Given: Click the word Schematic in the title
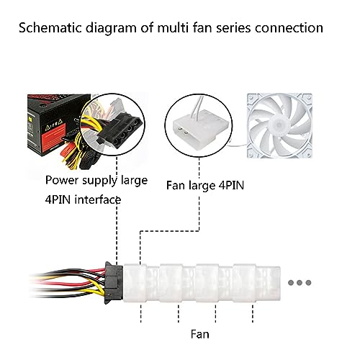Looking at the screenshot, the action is click(50, 27).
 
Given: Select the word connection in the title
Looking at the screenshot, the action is click(289, 28).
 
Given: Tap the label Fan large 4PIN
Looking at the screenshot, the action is click(205, 186).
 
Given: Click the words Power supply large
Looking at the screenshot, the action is click(96, 180).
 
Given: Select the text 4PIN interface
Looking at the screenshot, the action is click(83, 199).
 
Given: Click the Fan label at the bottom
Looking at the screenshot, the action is click(200, 334).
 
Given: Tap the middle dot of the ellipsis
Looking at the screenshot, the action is click(300, 282).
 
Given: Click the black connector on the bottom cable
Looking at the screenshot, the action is click(114, 283).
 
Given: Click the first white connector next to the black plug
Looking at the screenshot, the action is click(135, 283).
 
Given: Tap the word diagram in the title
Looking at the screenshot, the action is click(111, 29).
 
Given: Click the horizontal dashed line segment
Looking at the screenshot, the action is click(170, 231).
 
